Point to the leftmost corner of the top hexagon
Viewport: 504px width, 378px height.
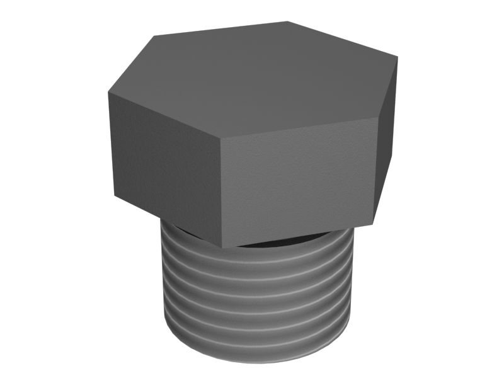[x=108, y=93]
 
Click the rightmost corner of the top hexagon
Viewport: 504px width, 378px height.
[x=398, y=57]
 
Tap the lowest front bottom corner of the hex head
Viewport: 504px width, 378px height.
[x=222, y=246]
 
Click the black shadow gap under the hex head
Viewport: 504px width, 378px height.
[x=277, y=241]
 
